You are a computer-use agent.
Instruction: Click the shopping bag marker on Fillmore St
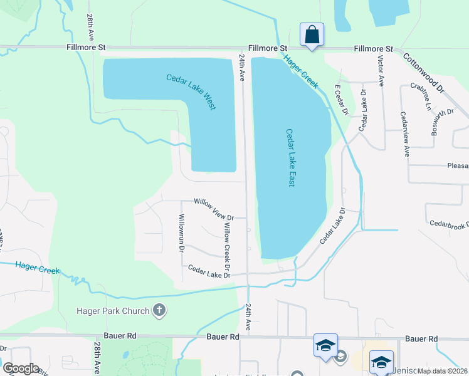312,35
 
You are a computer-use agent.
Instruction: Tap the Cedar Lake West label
191,92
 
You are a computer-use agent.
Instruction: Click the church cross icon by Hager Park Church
159,310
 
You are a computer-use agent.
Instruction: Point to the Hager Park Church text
113,311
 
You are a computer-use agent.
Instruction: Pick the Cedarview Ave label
405,134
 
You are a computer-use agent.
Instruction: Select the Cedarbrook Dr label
449,224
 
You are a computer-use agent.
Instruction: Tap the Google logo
21,368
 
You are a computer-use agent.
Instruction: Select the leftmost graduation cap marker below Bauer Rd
326,347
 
